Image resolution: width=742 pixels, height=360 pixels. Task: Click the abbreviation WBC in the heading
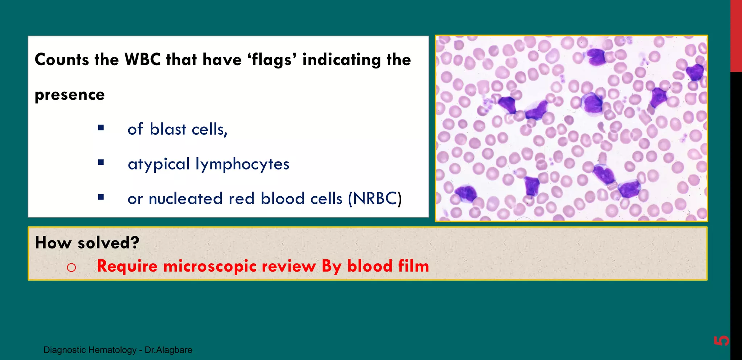point(142,59)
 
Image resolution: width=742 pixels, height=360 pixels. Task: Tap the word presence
point(70,95)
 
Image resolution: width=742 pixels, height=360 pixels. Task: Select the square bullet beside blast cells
point(101,128)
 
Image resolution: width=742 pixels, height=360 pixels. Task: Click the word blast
point(168,129)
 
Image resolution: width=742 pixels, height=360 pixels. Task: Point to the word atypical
point(159,164)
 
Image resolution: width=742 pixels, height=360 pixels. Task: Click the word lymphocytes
point(242,164)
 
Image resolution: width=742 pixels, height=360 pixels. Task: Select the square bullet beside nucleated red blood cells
point(101,197)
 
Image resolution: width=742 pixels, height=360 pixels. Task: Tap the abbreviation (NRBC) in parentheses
point(375,198)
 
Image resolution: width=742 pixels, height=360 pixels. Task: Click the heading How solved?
point(87,242)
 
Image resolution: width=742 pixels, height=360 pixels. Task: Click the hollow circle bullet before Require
point(71,268)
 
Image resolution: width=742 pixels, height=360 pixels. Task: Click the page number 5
point(721,340)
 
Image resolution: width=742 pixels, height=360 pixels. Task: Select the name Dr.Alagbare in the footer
point(168,350)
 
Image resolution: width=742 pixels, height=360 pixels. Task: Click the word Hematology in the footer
point(112,350)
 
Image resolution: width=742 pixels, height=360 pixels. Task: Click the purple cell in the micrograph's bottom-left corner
point(465,193)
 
